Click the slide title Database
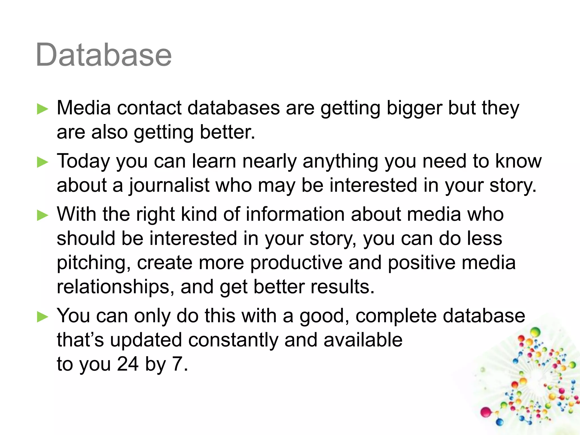click(x=104, y=55)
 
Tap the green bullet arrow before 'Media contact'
click(x=43, y=109)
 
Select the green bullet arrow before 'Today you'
click(x=43, y=162)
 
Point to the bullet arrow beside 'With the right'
click(x=43, y=215)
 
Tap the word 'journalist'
click(x=169, y=186)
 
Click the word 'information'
click(x=295, y=214)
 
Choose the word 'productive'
click(x=296, y=263)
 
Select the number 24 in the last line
click(x=128, y=364)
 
